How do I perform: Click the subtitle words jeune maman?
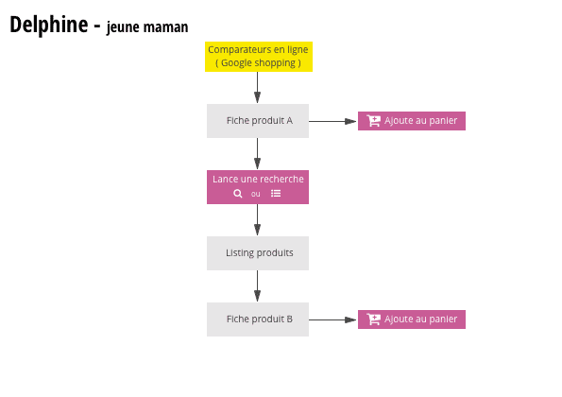[147, 27]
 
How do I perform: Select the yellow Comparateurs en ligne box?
[258, 56]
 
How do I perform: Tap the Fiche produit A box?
[258, 121]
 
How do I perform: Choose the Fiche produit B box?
[258, 319]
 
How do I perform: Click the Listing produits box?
[258, 253]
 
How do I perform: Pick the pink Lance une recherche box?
[258, 186]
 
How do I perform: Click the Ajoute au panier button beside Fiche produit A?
[412, 121]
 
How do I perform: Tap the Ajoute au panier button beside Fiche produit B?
[412, 319]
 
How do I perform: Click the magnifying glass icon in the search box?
[238, 194]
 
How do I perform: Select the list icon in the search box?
[276, 194]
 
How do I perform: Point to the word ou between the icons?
[256, 194]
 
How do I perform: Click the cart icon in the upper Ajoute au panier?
[374, 121]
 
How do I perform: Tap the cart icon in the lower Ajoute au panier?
[374, 319]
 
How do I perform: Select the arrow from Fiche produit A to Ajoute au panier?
[332, 121]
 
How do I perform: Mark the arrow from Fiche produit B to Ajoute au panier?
[332, 319]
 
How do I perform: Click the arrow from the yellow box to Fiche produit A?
[258, 88]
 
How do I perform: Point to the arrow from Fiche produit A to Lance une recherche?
[258, 154]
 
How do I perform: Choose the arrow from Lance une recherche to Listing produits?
[258, 220]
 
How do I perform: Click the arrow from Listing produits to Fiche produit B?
[258, 286]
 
